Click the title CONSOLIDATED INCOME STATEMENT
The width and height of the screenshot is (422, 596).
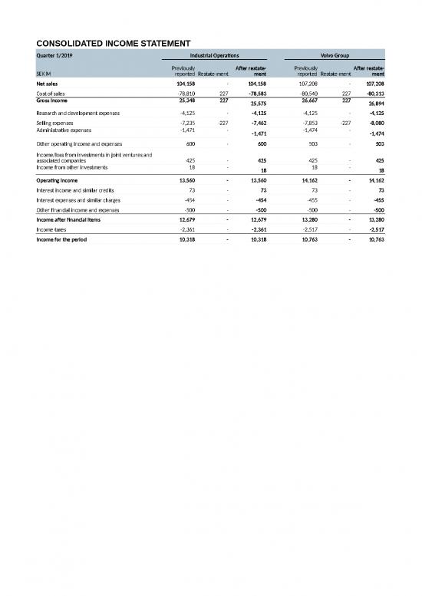pyautogui.click(x=114, y=41)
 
